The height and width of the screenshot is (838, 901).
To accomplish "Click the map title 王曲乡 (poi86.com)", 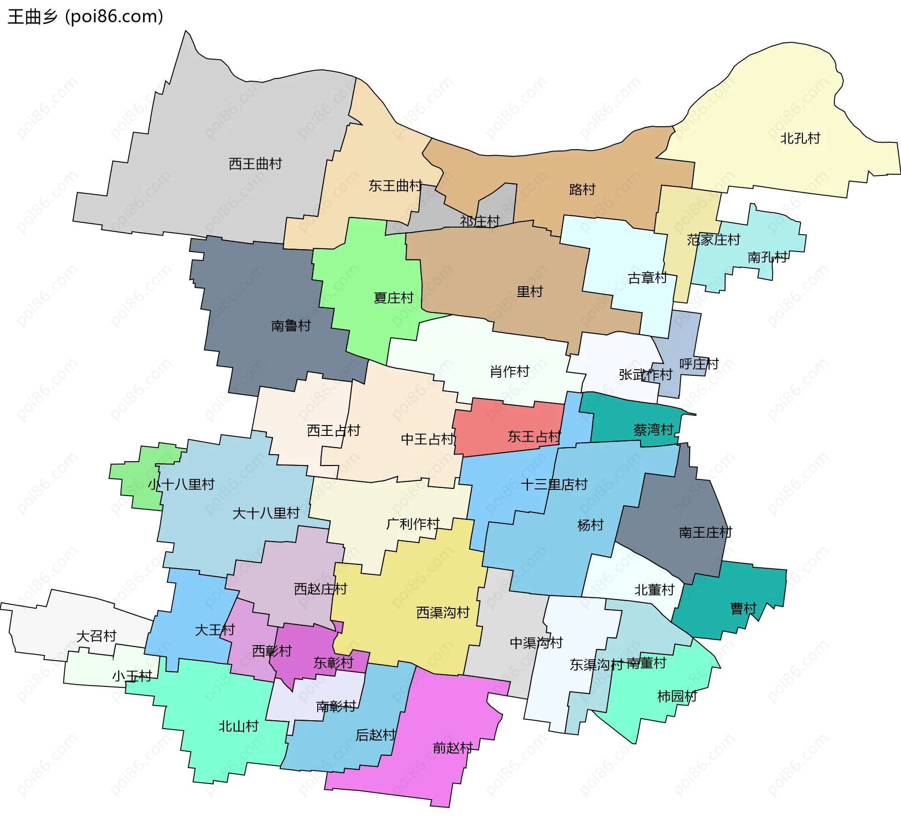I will pyautogui.click(x=85, y=16).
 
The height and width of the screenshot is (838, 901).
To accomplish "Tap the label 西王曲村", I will pyautogui.click(x=255, y=164).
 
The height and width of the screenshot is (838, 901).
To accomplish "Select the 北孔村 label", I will pyautogui.click(x=800, y=138).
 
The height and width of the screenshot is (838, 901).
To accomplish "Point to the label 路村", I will pyautogui.click(x=582, y=190).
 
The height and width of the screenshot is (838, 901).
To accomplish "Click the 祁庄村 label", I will pyautogui.click(x=480, y=221).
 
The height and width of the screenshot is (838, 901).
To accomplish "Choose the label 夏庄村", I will pyautogui.click(x=393, y=298).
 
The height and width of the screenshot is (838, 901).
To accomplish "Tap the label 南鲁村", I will pyautogui.click(x=291, y=326).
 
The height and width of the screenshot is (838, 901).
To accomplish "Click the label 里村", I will pyautogui.click(x=529, y=292).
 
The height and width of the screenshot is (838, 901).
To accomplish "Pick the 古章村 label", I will pyautogui.click(x=647, y=278).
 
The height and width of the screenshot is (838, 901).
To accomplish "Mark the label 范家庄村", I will pyautogui.click(x=713, y=240).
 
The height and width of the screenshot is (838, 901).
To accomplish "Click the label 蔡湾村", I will pyautogui.click(x=653, y=430).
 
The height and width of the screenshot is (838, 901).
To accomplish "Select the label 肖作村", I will pyautogui.click(x=509, y=372).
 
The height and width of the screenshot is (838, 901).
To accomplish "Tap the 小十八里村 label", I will pyautogui.click(x=181, y=484).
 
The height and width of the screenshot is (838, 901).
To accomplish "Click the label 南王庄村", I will pyautogui.click(x=705, y=533).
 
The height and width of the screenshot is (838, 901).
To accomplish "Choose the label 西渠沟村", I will pyautogui.click(x=443, y=613).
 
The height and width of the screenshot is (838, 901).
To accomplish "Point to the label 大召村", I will pyautogui.click(x=96, y=636).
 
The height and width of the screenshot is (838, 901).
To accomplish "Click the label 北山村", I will pyautogui.click(x=238, y=726).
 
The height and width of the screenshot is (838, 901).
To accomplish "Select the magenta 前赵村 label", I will pyautogui.click(x=452, y=748).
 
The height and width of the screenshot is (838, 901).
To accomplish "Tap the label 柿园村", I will pyautogui.click(x=677, y=696).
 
